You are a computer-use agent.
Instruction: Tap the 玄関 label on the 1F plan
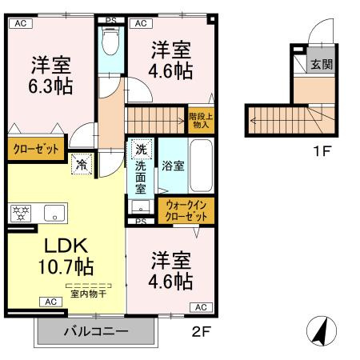point(322,64)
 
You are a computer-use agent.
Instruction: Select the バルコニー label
point(96,330)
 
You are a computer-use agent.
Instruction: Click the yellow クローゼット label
point(36,148)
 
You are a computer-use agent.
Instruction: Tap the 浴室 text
point(174,166)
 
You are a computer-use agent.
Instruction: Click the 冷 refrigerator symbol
point(82,165)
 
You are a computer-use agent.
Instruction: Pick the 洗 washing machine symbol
point(141,150)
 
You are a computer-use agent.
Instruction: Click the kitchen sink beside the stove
point(54,213)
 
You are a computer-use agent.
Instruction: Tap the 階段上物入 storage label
point(201,120)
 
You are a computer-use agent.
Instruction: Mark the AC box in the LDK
point(50,302)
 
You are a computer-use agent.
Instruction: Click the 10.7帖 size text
point(64,266)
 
